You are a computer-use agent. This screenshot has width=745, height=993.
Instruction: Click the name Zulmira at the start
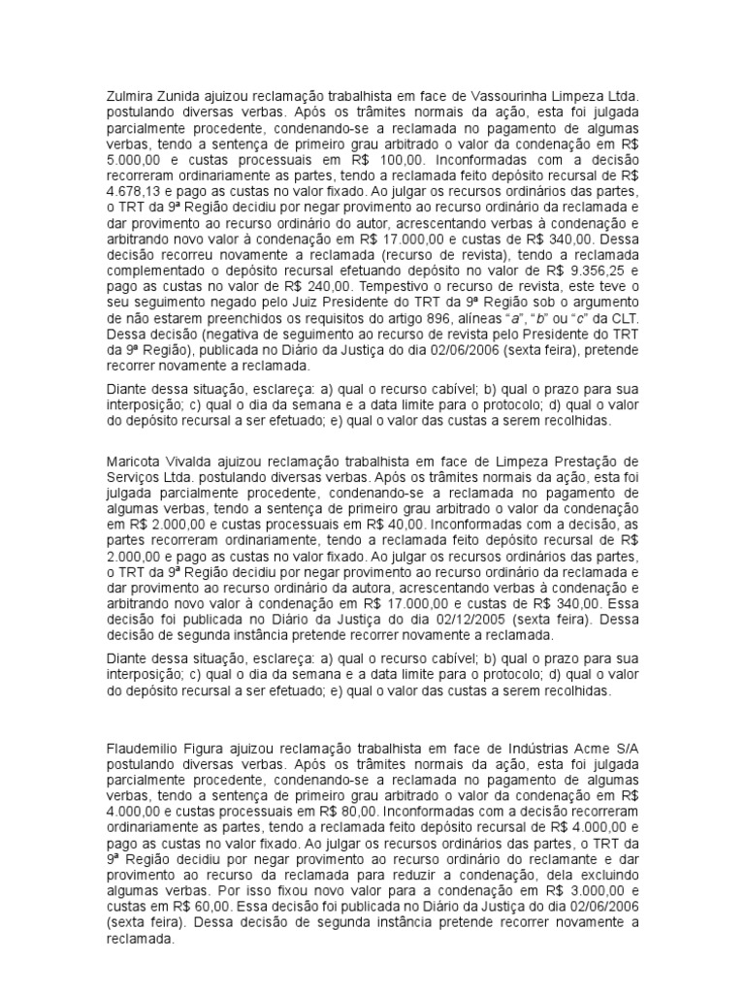(x=129, y=97)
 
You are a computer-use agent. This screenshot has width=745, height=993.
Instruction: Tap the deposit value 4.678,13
(x=132, y=190)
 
